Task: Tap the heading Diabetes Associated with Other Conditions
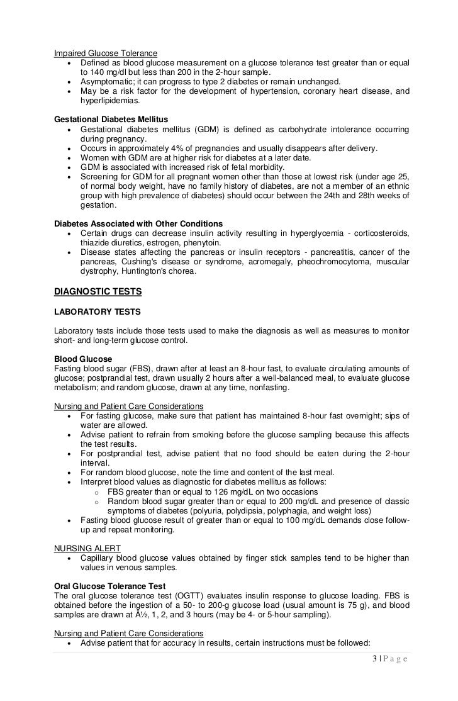[x=138, y=223]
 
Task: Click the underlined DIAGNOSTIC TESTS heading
[x=98, y=291]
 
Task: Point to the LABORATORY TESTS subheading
[x=98, y=311]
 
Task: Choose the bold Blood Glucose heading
[x=83, y=359]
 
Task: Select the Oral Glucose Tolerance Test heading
[x=110, y=586]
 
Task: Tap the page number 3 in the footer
[x=374, y=659]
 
